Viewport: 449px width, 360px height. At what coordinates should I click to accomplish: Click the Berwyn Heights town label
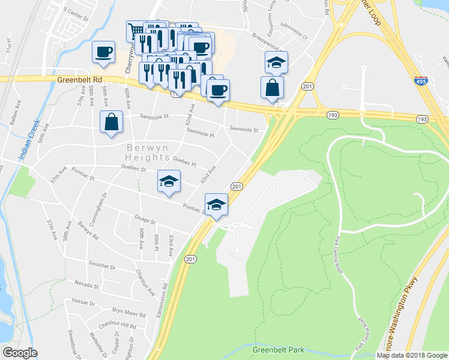pos(148,152)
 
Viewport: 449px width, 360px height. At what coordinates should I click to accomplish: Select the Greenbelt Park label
pos(279,350)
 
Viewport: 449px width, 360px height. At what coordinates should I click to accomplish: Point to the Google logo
pos(20,352)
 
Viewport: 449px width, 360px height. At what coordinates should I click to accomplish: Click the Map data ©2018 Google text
pos(412,355)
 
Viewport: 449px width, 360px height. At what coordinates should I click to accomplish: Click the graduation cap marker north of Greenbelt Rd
pos(276,62)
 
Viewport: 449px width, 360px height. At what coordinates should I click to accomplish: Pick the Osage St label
pos(145,221)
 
